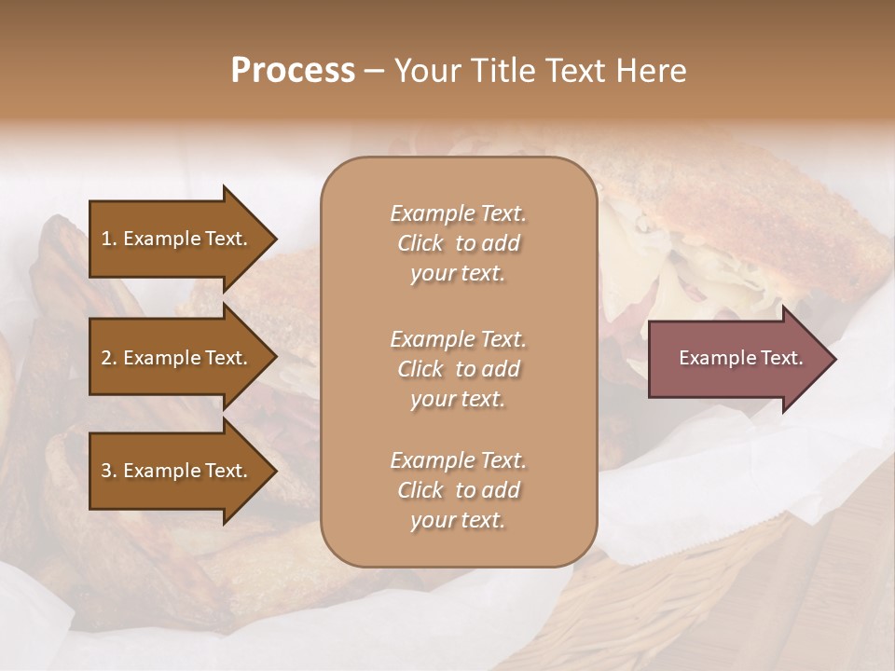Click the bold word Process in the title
pos(293,71)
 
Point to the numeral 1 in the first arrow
pos(106,239)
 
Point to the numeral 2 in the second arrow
pos(106,358)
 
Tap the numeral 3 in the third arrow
pos(106,471)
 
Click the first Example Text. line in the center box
pos(458,213)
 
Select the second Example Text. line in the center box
pos(458,339)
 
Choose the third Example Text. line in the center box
pos(458,460)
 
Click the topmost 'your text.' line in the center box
pos(458,274)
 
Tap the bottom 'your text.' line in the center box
pos(458,521)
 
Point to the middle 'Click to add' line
pos(458,369)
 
